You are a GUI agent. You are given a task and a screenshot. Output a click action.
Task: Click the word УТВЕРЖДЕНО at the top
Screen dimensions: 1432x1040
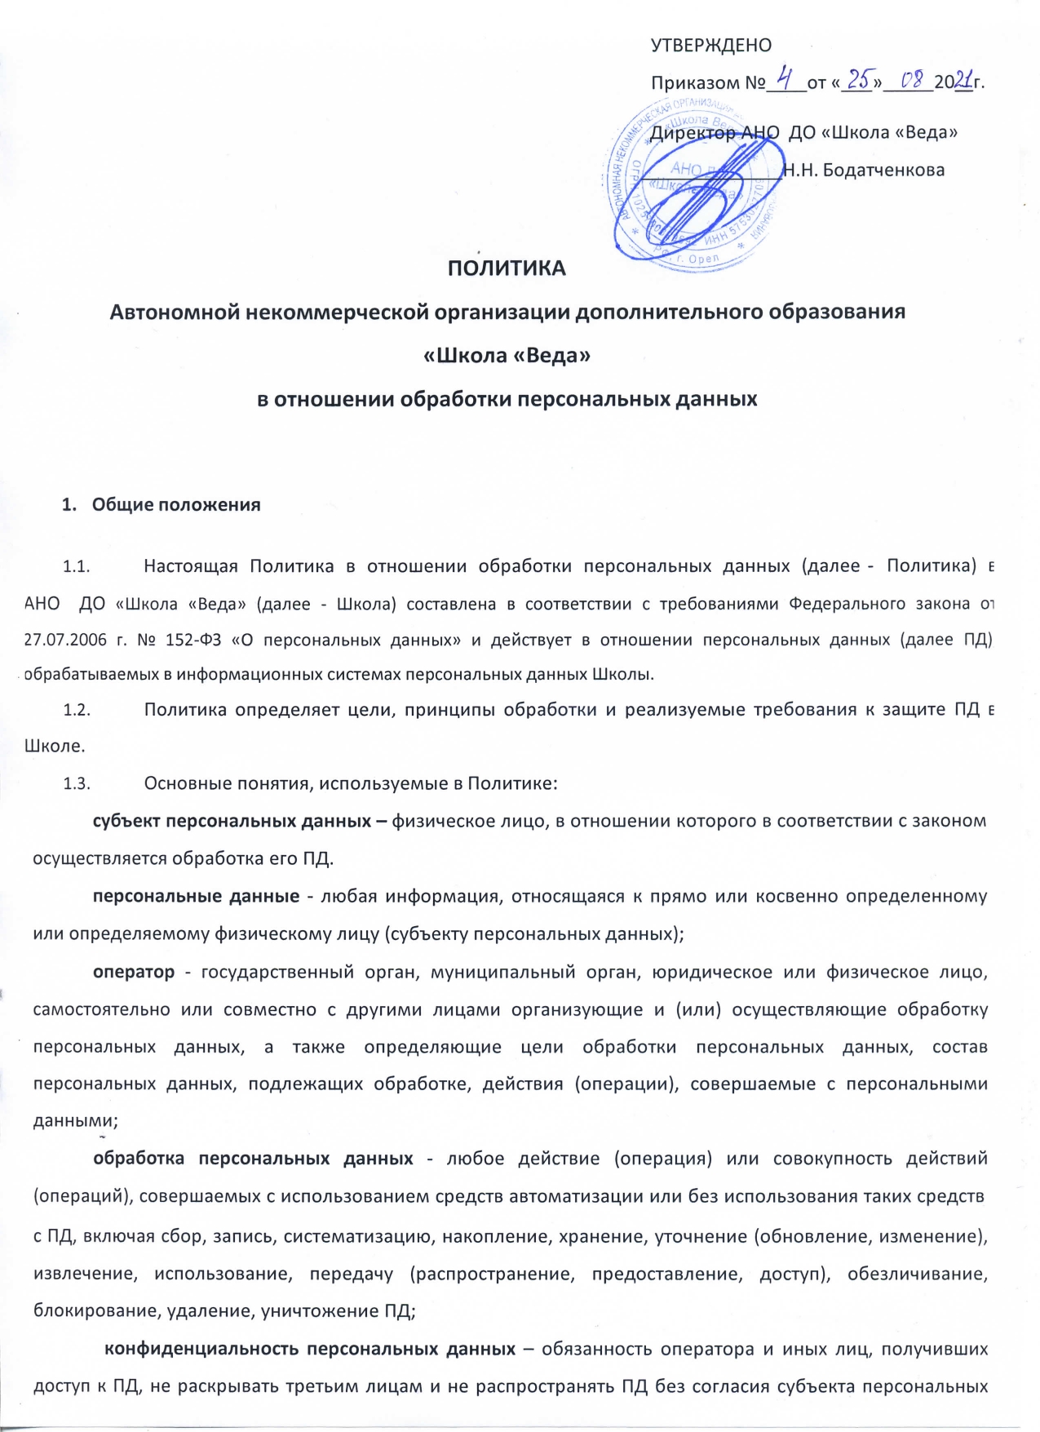tap(710, 46)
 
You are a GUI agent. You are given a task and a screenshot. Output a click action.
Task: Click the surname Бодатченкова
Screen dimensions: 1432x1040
tap(883, 171)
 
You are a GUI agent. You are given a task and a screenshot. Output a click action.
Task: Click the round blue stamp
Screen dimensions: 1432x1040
tap(692, 181)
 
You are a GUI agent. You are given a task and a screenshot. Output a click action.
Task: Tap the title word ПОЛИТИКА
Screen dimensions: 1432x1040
tap(507, 268)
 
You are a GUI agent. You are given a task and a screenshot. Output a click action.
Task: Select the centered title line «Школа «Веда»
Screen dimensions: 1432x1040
tap(507, 356)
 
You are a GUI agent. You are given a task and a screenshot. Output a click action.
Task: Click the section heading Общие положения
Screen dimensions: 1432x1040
tap(176, 505)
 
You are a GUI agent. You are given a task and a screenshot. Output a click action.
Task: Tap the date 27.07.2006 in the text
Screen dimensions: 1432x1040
tap(65, 640)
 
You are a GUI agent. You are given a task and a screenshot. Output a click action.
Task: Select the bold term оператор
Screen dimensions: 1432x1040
tap(134, 972)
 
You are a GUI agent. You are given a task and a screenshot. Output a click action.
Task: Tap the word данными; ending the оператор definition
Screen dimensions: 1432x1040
tap(75, 1120)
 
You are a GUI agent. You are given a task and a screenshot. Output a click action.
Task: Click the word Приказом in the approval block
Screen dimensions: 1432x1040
tap(697, 83)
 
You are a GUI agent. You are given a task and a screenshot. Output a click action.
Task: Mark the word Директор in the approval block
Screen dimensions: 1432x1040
tap(693, 133)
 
